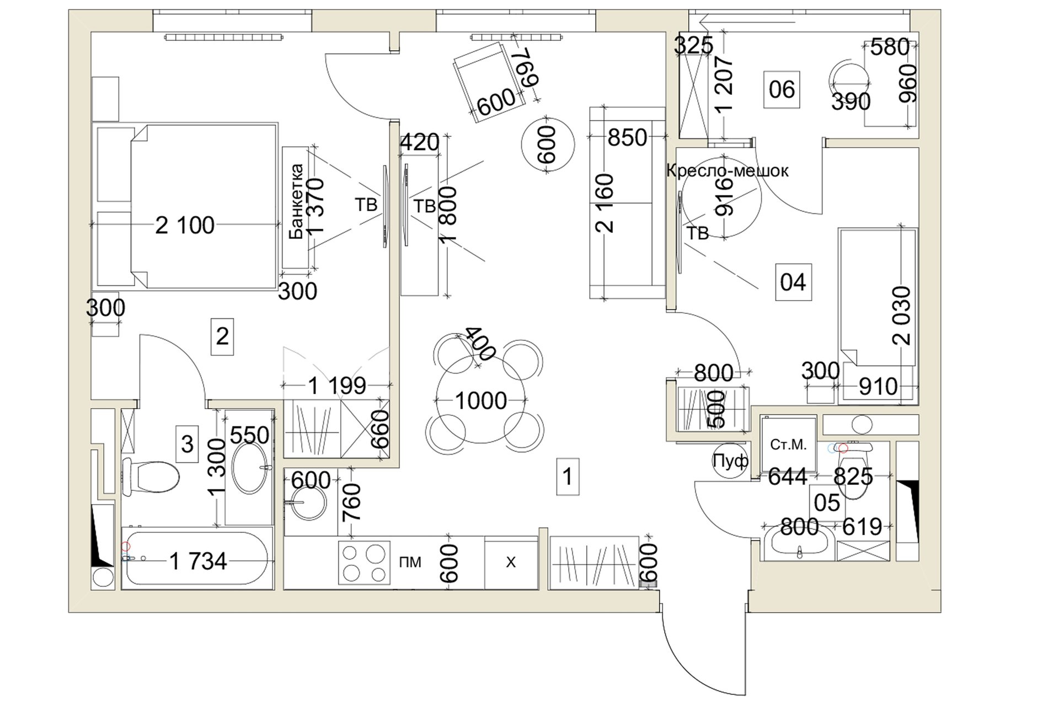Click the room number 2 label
222,336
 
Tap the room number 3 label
188,443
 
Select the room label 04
793,282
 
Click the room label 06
782,89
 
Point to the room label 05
827,502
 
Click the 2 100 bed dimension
185,225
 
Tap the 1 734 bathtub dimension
198,561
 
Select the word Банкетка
297,201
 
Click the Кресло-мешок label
727,171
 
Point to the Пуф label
730,461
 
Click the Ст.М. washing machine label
788,445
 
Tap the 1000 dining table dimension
481,401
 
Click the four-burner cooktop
363,563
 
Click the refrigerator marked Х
511,563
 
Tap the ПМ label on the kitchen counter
409,562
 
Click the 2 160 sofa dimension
606,203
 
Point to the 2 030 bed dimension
903,315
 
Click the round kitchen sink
303,504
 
